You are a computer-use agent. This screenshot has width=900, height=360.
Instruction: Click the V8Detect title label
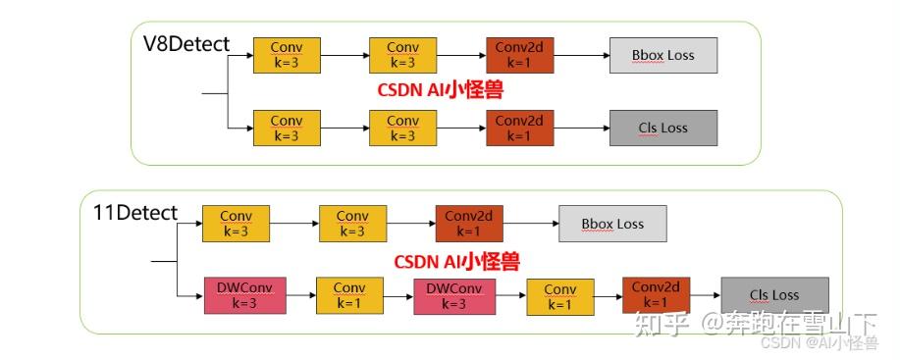point(186,44)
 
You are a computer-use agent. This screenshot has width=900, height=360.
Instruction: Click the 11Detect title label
point(135,213)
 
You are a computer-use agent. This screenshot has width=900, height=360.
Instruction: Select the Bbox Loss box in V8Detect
point(662,56)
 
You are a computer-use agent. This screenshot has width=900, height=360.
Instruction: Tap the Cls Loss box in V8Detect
point(662,129)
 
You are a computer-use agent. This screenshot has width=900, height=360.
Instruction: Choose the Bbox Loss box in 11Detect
point(612,224)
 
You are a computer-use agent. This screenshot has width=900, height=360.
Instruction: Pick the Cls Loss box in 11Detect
point(773,295)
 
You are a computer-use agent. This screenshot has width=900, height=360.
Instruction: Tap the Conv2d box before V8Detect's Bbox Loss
point(519,56)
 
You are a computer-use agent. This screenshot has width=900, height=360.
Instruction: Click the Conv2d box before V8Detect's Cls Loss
point(519,129)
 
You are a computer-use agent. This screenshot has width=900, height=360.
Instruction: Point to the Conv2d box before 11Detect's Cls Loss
point(656,294)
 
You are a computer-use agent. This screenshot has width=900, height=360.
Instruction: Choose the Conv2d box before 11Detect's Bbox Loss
point(469,224)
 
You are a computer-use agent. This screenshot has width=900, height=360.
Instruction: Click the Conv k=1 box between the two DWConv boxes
point(348,295)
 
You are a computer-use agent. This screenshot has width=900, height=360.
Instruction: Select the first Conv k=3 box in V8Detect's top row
point(287,56)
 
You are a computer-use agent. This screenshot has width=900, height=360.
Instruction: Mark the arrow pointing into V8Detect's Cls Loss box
point(581,129)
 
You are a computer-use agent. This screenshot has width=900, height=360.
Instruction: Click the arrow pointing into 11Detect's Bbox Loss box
point(531,224)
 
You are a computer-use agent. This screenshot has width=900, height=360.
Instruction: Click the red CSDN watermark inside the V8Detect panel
point(441,90)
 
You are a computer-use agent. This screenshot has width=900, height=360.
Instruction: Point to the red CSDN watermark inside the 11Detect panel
point(456,262)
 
